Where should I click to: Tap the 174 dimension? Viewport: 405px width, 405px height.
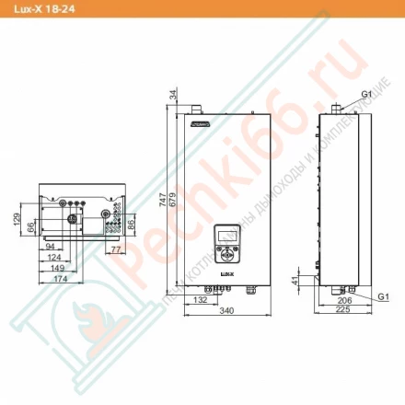(x=61, y=278)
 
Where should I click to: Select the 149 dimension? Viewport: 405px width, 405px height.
(x=56, y=268)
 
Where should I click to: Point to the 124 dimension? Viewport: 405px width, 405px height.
(x=53, y=258)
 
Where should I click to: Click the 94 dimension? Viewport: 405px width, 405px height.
(x=49, y=247)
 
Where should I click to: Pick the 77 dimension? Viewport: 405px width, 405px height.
(x=116, y=249)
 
